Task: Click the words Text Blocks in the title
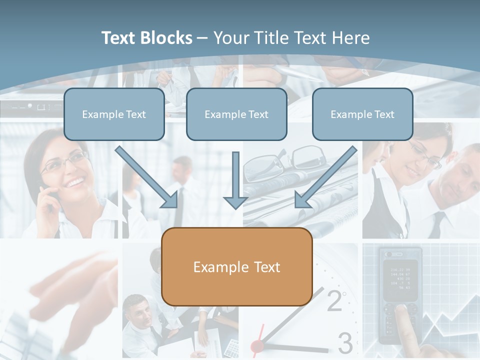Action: click(146, 38)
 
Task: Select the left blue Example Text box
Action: click(114, 114)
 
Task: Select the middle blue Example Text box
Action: click(236, 114)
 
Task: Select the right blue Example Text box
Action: click(362, 114)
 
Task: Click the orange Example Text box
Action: click(236, 267)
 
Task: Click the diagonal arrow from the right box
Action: click(325, 178)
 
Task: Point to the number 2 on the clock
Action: click(334, 300)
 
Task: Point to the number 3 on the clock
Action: click(345, 343)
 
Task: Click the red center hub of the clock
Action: click(257, 345)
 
